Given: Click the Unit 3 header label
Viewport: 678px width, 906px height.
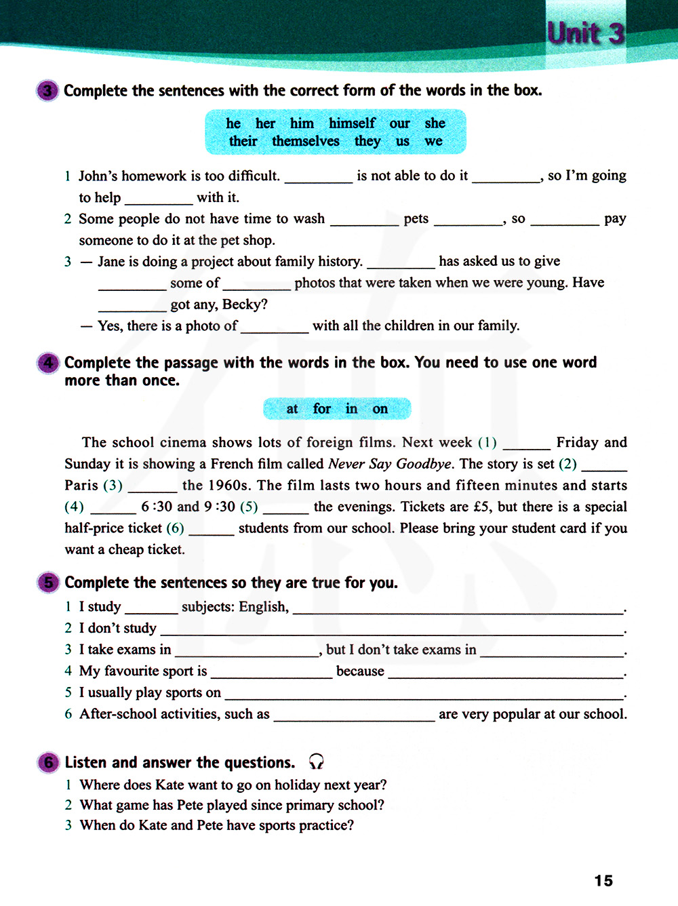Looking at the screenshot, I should [x=585, y=33].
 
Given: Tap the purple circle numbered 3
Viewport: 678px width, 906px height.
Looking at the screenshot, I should [x=47, y=90].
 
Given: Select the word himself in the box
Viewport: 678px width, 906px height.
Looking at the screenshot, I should [x=352, y=123].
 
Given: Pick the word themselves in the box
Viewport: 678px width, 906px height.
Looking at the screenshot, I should [x=306, y=141].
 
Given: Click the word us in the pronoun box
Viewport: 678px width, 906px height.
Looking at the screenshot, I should [x=403, y=141].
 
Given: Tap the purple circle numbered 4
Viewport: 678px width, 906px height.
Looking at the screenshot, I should [x=47, y=363].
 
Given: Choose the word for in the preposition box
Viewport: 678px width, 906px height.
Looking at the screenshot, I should [x=322, y=409].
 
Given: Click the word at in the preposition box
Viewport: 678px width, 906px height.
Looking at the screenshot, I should [x=292, y=409].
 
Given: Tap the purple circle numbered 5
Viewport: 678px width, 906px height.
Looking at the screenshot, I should [x=47, y=583].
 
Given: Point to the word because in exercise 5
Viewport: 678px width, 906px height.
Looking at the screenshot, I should [x=360, y=671].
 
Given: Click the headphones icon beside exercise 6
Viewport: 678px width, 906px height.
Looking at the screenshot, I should [x=316, y=762].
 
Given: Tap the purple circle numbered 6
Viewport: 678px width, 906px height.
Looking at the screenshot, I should [x=47, y=762].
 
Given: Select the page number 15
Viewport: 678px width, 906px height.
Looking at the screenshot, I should [x=603, y=881].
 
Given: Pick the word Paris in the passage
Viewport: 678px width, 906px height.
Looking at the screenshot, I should [x=81, y=486].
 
